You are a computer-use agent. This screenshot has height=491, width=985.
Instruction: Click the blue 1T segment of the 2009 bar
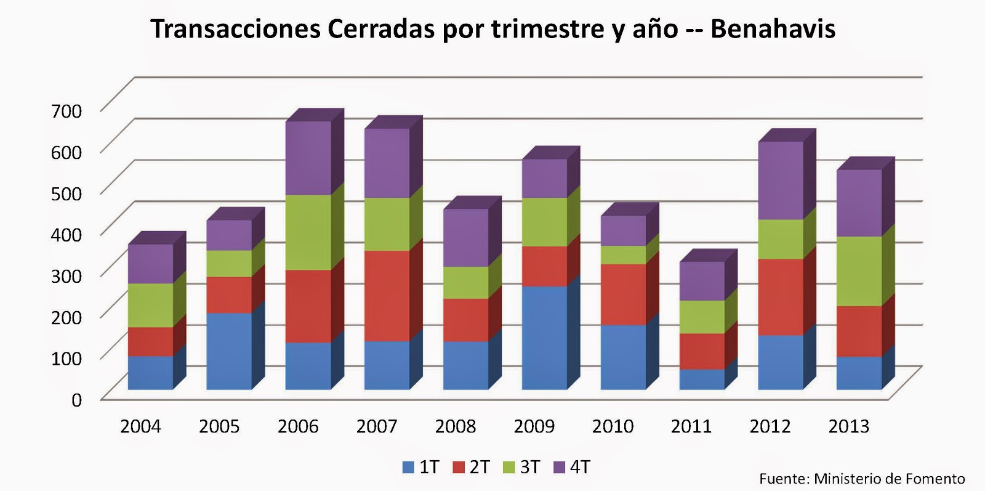(544, 338)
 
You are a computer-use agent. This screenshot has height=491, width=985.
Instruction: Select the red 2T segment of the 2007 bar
(387, 296)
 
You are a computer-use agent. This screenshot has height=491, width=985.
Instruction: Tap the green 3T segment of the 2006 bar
(308, 232)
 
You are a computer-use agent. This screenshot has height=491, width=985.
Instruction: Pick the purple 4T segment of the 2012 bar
(781, 181)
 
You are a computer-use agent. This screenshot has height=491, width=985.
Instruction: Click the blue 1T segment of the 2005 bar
(229, 351)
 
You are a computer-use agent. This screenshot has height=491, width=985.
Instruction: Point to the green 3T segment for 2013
(859, 271)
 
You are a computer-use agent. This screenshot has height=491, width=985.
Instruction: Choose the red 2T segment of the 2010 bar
(623, 294)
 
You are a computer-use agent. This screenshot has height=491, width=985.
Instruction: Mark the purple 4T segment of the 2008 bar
(465, 238)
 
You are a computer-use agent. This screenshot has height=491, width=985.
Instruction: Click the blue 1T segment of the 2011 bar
(702, 379)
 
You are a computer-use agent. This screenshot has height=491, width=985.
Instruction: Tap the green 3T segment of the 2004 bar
(150, 305)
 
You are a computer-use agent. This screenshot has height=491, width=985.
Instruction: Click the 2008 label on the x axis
(456, 426)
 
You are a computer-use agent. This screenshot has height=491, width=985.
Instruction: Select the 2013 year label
(849, 426)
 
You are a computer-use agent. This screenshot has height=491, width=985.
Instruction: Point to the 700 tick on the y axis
(66, 111)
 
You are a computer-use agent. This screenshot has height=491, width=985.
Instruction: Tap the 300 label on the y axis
(66, 275)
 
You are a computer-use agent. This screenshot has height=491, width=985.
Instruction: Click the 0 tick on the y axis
(76, 400)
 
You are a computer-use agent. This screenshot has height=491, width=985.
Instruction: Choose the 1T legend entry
(421, 467)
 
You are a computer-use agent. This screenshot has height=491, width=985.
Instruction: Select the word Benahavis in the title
(773, 29)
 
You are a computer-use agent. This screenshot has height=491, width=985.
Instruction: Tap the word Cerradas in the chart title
(382, 29)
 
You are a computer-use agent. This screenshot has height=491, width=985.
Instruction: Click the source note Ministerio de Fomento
(889, 479)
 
